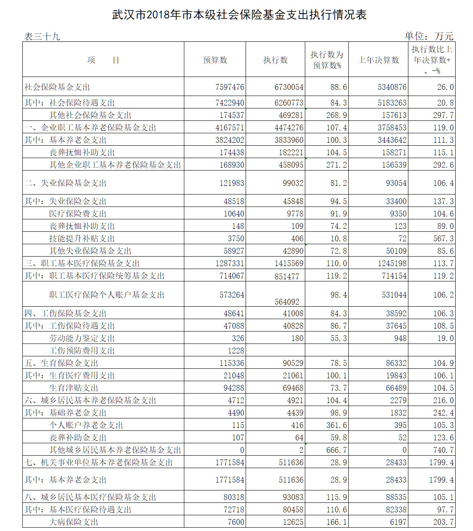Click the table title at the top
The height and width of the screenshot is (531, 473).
(x=239, y=15)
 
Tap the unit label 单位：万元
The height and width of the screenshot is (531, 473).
(x=429, y=36)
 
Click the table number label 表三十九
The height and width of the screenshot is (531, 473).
(x=42, y=37)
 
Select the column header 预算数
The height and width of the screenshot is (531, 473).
(x=215, y=60)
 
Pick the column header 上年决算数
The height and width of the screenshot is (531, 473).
(x=379, y=60)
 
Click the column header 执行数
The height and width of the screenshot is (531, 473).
(x=275, y=60)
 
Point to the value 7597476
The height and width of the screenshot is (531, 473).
(x=230, y=87)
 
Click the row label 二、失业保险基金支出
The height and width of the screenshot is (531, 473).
(x=65, y=183)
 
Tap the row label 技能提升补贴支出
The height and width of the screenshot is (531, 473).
(x=82, y=238)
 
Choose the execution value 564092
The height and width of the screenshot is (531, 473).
(x=287, y=302)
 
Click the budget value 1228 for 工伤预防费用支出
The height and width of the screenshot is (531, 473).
(x=236, y=351)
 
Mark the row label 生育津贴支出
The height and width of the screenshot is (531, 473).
(x=74, y=388)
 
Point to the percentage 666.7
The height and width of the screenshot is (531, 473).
(x=336, y=450)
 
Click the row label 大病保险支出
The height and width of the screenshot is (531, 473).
(x=74, y=522)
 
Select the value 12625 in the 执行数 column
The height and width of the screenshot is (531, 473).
(x=293, y=522)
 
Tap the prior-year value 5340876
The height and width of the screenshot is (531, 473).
(x=392, y=87)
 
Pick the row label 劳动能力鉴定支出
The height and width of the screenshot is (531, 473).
(x=82, y=338)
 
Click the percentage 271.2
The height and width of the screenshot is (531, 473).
(x=336, y=165)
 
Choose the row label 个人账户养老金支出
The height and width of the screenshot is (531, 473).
(x=86, y=425)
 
